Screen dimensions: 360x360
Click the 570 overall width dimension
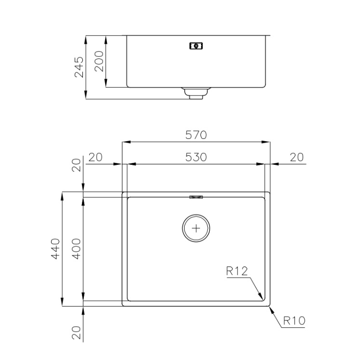pyautogui.click(x=196, y=135)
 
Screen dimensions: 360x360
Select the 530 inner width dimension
pyautogui.click(x=196, y=157)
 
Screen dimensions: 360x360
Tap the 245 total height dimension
pyautogui.click(x=79, y=67)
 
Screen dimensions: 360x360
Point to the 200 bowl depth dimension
pyautogui.click(x=99, y=61)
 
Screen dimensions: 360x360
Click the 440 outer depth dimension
pyautogui.click(x=55, y=249)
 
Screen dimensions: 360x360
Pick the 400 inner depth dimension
pyautogui.click(x=76, y=249)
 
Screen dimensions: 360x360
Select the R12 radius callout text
pyautogui.click(x=237, y=271)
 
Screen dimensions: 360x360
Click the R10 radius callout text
pyautogui.click(x=294, y=320)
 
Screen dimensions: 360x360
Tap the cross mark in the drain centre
pyautogui.click(x=196, y=228)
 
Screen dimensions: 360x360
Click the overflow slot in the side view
pyautogui.click(x=196, y=46)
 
